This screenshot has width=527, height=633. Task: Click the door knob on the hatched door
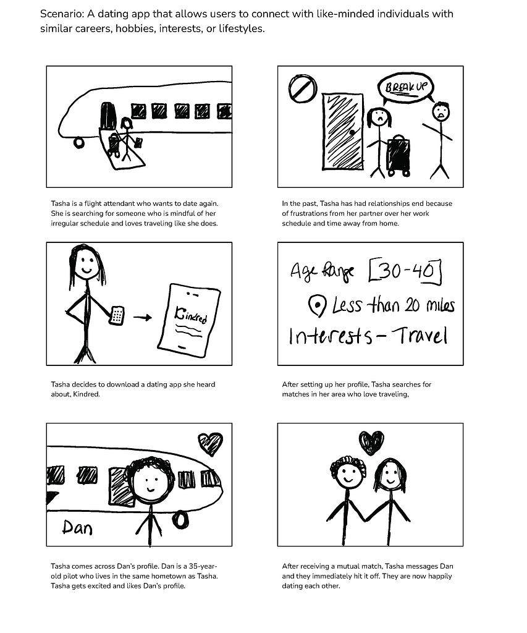click(x=352, y=132)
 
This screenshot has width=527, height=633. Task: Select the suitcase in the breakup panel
click(x=398, y=155)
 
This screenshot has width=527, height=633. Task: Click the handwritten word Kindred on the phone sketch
click(x=191, y=315)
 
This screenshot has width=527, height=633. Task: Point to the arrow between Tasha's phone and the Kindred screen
click(x=143, y=318)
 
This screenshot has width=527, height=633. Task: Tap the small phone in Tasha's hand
click(x=117, y=315)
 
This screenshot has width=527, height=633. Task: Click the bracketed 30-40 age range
click(x=405, y=271)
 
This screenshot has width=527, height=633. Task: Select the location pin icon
click(x=317, y=305)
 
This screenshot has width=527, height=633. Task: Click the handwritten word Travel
click(x=419, y=335)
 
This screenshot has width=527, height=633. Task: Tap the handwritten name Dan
click(x=77, y=527)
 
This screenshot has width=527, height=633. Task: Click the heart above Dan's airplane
click(x=210, y=443)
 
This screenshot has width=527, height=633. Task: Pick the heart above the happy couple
click(x=371, y=443)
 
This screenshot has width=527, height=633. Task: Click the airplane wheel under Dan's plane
click(x=180, y=520)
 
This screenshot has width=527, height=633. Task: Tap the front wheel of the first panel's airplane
click(x=78, y=143)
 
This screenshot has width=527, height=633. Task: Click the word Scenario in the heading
click(x=62, y=14)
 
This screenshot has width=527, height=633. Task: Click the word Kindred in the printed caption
click(x=86, y=394)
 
